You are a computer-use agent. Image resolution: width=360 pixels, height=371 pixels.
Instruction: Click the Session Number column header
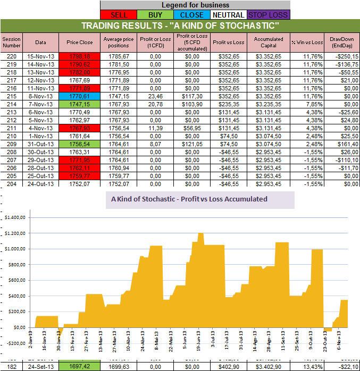point(11,42)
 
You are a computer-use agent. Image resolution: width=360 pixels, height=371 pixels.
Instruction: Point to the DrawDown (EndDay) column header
point(341,42)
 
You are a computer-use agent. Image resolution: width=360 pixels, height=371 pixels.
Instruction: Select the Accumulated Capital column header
point(268,42)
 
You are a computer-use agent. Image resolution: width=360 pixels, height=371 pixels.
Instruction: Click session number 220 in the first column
point(11,56)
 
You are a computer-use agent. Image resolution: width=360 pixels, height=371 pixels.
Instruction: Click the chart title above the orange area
point(189,199)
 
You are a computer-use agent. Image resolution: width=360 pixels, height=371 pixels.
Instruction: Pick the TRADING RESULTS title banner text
point(180,26)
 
